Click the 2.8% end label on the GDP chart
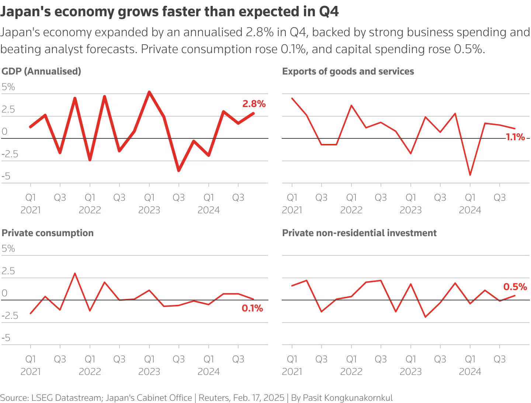254,104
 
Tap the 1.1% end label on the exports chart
515,137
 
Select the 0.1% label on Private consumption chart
252,308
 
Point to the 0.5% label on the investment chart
515,287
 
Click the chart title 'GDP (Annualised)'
41,71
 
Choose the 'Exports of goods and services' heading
348,71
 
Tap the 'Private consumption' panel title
48,233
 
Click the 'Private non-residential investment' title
359,233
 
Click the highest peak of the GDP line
149,92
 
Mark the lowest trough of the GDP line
179,170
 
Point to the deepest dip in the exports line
470,175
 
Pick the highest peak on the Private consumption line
75,273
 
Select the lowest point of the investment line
426,317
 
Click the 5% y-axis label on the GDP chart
8,87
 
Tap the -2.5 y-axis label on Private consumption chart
10,316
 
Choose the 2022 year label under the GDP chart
90,210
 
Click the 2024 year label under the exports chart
470,210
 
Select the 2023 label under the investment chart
410,372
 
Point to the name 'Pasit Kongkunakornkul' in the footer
348,398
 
